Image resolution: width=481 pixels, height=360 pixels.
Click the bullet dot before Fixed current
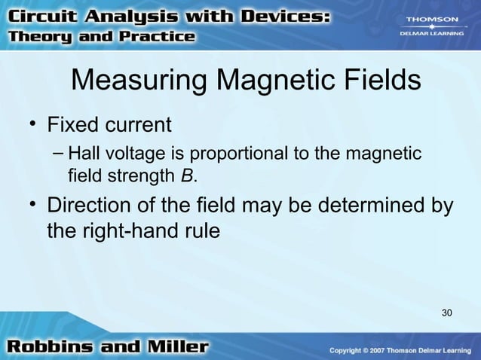pos(34,123)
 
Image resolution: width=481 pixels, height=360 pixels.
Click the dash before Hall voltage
pos(59,154)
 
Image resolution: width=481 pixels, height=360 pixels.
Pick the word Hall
pos(81,154)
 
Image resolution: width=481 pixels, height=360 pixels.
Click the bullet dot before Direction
pos(34,205)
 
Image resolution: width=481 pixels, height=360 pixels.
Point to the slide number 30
pos(446,313)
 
